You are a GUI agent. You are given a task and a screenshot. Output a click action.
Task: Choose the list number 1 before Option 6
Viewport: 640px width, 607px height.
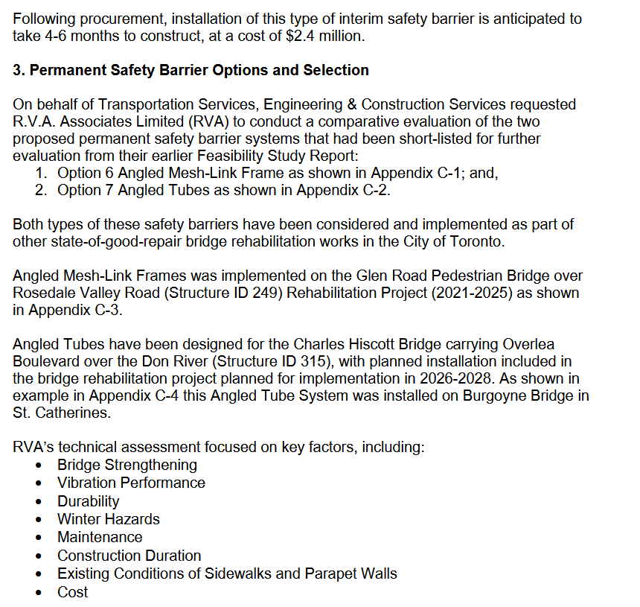pos(42,173)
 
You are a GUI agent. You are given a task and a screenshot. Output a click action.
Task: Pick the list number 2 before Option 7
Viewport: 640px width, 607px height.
pos(42,191)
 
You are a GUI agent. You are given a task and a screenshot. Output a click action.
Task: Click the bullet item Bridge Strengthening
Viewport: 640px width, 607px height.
pos(127,465)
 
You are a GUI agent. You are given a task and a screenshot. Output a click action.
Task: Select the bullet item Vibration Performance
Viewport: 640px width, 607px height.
pos(131,483)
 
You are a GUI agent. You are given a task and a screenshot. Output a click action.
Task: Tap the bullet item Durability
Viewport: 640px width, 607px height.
pos(88,501)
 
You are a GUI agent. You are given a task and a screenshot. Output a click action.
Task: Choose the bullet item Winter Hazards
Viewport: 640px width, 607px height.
pos(109,519)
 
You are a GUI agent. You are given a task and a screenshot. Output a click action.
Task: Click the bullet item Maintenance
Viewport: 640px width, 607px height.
pos(100,537)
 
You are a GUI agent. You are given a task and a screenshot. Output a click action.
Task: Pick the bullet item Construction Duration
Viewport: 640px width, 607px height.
pos(129,556)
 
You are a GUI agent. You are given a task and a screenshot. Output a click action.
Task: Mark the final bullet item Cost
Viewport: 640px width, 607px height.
pos(72,592)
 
